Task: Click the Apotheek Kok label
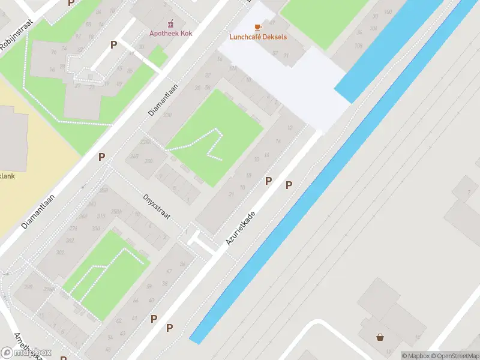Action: click(170, 34)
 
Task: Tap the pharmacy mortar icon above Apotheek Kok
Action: click(170, 23)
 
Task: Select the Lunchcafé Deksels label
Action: click(258, 37)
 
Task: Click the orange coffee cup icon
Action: click(258, 28)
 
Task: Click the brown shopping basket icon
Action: click(380, 337)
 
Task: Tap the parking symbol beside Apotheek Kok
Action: click(113, 44)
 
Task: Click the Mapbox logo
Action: click(26, 352)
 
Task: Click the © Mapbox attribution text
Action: click(415, 356)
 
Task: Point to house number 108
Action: click(359, 46)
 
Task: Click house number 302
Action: click(61, 253)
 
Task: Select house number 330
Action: click(95, 229)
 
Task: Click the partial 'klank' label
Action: click(7, 176)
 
